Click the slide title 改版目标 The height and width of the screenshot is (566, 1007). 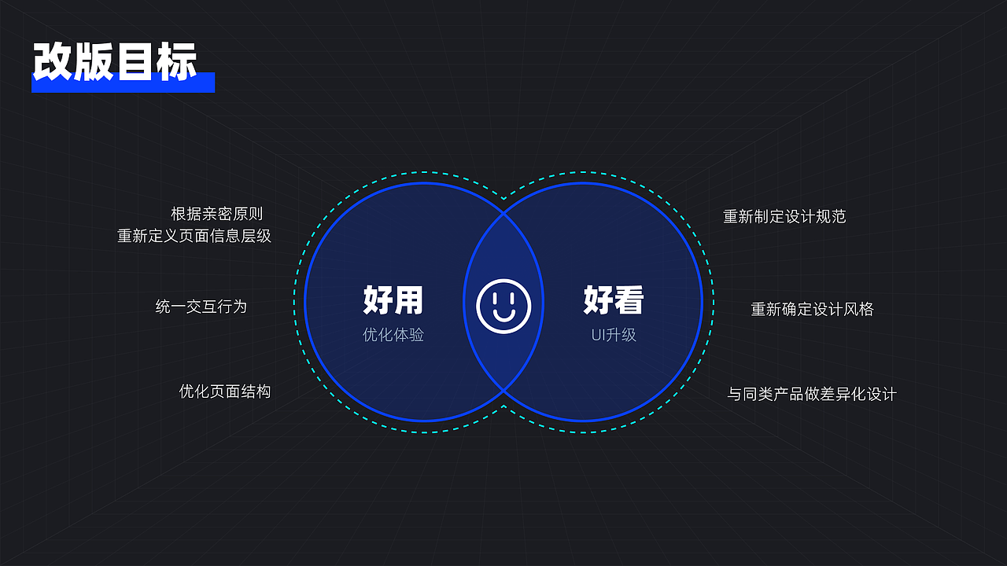point(115,61)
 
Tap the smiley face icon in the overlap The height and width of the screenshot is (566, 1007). point(503,306)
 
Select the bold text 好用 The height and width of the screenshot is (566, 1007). point(393,300)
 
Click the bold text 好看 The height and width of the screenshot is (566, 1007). point(614,300)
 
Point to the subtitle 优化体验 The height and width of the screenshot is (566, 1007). point(393,334)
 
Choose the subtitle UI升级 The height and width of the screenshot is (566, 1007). point(614,334)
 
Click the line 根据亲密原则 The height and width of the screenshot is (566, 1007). point(216,214)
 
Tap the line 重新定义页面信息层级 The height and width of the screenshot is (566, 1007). point(194,236)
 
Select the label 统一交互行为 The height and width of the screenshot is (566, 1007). point(201,307)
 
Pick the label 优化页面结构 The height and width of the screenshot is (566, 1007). point(225,391)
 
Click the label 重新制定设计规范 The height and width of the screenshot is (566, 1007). point(784,216)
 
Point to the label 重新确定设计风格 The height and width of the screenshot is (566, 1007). point(812,309)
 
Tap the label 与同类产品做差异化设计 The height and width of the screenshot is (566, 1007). point(812,394)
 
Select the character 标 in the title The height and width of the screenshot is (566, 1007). point(176,61)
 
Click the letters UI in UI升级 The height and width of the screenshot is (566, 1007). point(598,335)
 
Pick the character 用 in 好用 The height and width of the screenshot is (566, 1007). point(408,300)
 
